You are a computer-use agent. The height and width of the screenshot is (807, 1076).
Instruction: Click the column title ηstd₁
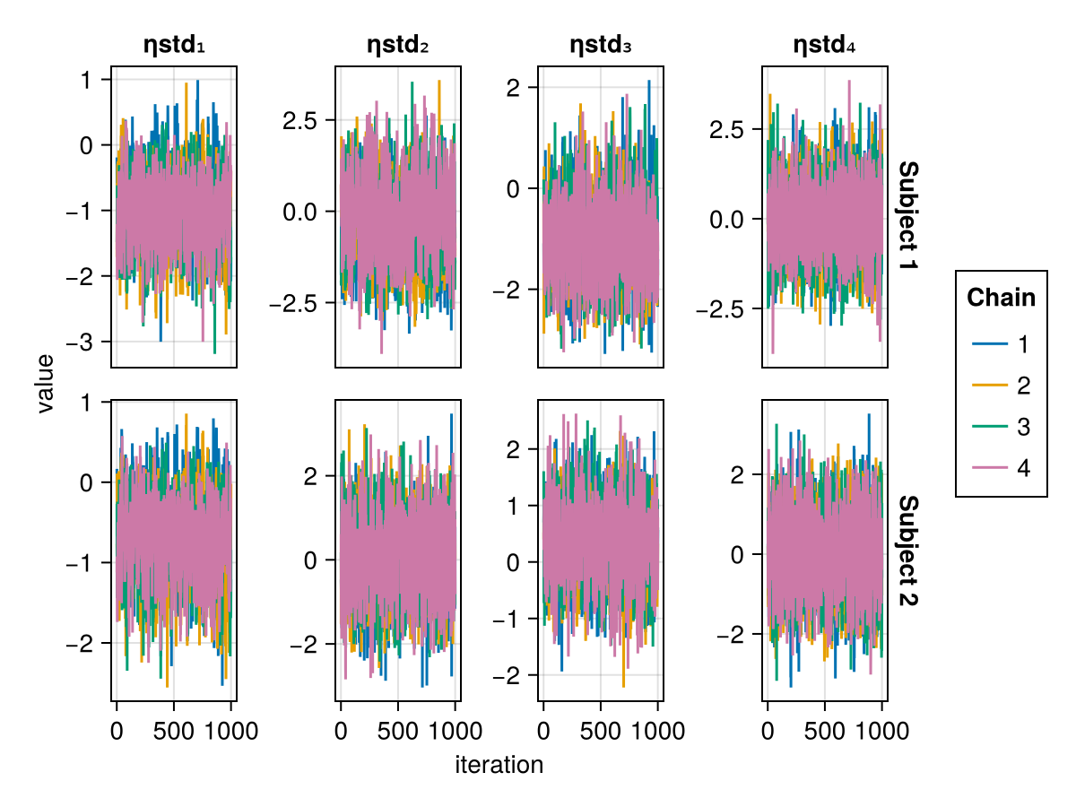click(x=174, y=45)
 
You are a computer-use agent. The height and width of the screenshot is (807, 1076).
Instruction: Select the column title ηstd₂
click(x=398, y=45)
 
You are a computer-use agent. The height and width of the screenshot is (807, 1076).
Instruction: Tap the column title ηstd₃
click(x=601, y=45)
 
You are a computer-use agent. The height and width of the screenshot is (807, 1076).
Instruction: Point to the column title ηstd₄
click(x=825, y=45)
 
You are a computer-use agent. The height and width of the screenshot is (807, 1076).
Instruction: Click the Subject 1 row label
click(x=907, y=217)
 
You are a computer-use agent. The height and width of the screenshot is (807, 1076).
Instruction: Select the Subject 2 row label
click(x=907, y=551)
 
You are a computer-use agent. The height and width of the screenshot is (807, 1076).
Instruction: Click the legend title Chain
click(x=1001, y=298)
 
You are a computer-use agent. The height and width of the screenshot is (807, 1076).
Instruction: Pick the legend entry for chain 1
click(x=1002, y=344)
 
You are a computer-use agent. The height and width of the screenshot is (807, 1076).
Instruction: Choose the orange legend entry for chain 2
click(x=1002, y=386)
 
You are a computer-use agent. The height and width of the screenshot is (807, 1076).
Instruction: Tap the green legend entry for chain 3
click(x=1002, y=427)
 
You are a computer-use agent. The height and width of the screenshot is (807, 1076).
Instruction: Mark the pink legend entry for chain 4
click(x=1002, y=468)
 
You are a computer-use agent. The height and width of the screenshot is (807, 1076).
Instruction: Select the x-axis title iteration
click(x=499, y=765)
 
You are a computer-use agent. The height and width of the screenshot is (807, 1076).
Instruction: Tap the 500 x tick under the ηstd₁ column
click(x=173, y=731)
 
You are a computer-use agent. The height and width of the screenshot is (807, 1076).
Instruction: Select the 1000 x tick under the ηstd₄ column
click(x=881, y=731)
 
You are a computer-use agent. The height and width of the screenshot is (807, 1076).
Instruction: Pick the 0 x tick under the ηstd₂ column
click(x=341, y=731)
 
